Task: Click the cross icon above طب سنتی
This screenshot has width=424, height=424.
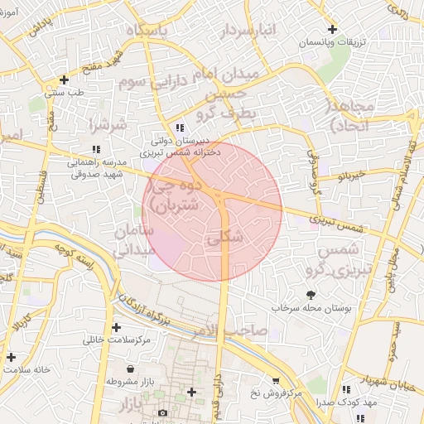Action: coord(64,80)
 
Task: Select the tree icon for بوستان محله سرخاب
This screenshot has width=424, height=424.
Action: coord(311,295)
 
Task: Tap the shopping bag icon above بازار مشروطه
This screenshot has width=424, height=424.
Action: coord(132,368)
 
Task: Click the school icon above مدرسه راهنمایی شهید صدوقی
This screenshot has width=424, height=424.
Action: coord(96,149)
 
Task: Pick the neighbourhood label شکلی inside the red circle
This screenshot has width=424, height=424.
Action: coord(228,237)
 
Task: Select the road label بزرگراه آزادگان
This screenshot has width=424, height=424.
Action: coord(150,309)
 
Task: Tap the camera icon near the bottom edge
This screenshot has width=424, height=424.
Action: coord(162,412)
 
